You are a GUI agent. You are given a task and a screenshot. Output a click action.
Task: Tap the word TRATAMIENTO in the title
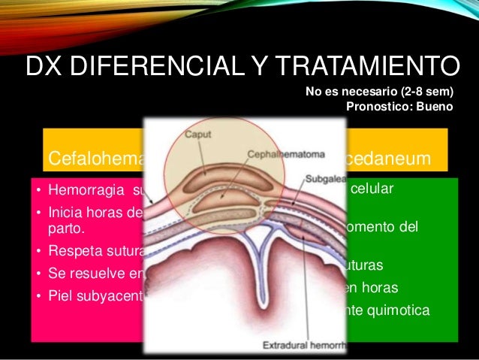coord(369,66)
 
